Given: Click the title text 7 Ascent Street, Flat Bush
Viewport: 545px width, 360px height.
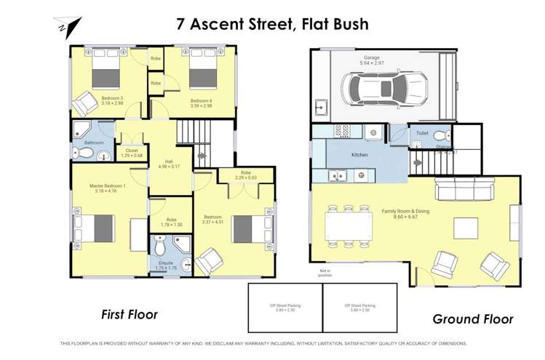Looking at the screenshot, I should (x=273, y=23).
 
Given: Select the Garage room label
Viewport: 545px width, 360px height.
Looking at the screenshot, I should (x=372, y=59).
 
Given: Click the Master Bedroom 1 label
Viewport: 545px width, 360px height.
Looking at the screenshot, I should (x=108, y=185).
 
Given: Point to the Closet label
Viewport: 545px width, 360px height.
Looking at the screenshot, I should (x=132, y=151).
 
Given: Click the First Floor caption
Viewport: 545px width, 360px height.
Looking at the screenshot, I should (x=130, y=315).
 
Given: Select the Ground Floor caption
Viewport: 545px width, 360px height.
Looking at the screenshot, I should (x=472, y=319).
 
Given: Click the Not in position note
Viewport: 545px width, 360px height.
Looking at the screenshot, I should (x=325, y=273).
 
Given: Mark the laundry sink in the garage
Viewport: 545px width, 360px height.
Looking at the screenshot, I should (x=321, y=109).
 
